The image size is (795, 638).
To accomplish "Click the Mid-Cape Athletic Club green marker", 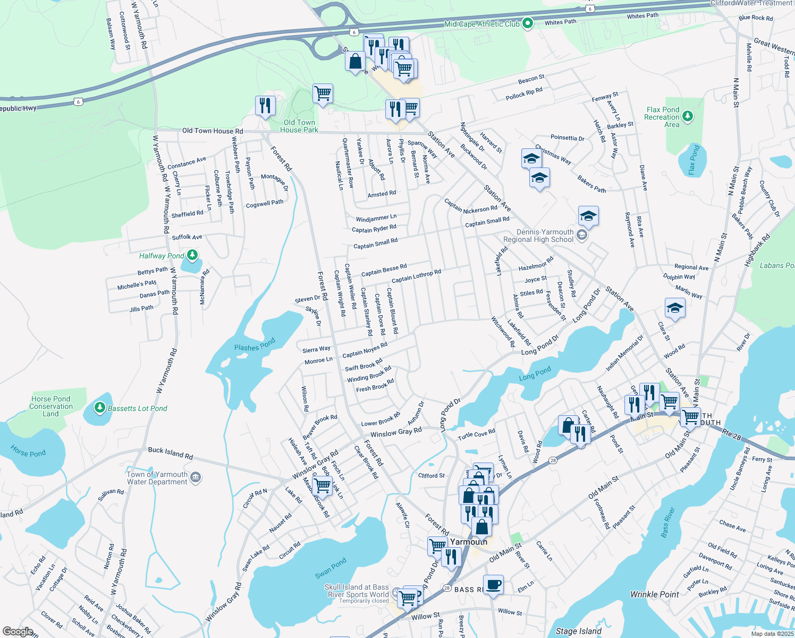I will [528, 23].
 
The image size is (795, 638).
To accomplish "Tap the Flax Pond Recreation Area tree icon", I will [688, 116].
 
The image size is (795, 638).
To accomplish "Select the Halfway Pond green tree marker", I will [192, 256].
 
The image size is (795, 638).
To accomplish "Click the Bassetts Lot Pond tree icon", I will [99, 408].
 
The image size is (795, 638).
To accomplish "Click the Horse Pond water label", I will [28, 452].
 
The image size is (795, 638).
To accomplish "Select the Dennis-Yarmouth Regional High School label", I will [545, 236].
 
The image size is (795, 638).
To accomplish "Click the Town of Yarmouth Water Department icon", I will [195, 476].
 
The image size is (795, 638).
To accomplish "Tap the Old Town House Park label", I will [299, 126].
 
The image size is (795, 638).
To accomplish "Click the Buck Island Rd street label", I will [170, 452].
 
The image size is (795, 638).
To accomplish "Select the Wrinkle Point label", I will [655, 594].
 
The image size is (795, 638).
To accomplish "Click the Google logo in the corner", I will [18, 631].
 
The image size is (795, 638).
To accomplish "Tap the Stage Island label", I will [579, 631].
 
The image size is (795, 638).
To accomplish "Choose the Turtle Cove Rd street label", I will [476, 434].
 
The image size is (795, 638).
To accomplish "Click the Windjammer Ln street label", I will [376, 218].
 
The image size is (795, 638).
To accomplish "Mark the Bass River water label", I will [668, 523].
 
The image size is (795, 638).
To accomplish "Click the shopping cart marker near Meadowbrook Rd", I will [323, 485].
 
